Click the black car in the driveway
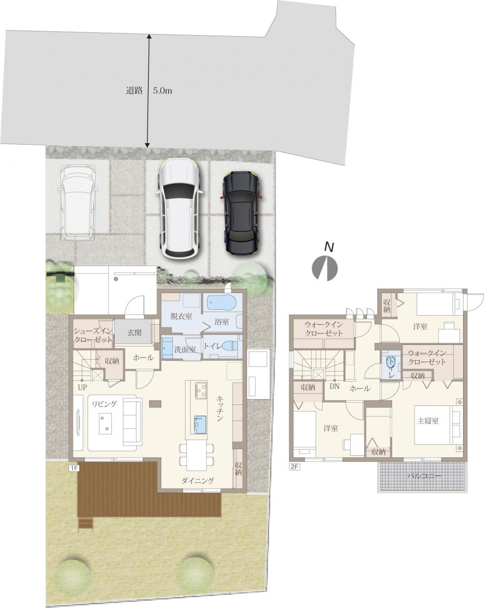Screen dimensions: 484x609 pyautogui.click(x=241, y=212)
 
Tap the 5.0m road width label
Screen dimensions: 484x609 pyautogui.click(x=162, y=91)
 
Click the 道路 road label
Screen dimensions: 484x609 pyautogui.click(x=134, y=91)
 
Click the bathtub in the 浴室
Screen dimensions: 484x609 pyautogui.click(x=221, y=303)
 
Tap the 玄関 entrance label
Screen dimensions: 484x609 pyautogui.click(x=134, y=333)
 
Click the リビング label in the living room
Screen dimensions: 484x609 pyautogui.click(x=104, y=404)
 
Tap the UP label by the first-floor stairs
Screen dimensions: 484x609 pyautogui.click(x=83, y=387)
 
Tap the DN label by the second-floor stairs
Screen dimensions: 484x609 pyautogui.click(x=335, y=386)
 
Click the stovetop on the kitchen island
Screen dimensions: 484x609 pyautogui.click(x=201, y=390)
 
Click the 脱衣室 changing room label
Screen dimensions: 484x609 pyautogui.click(x=181, y=316)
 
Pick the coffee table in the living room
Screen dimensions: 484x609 pyautogui.click(x=105, y=423)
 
